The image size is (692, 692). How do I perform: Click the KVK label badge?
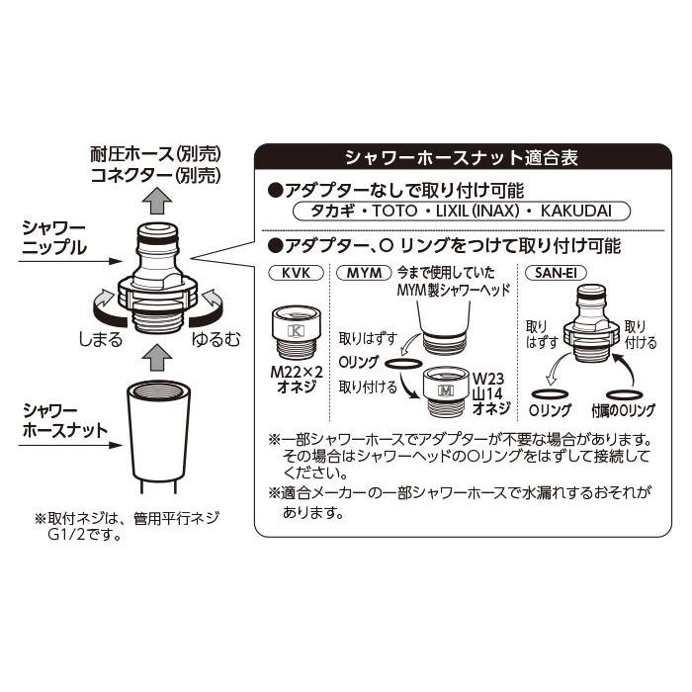296,273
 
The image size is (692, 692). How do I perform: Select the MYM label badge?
364,273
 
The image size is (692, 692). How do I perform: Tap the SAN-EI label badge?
556,273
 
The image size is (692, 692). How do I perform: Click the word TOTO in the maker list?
395,211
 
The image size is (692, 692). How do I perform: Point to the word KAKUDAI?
576,211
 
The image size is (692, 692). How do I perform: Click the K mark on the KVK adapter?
296,330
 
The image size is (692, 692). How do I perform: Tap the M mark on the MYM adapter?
446,391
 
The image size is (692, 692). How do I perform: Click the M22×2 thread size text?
297,372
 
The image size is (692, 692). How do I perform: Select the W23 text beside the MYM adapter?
488,379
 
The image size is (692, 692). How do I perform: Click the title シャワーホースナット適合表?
462,157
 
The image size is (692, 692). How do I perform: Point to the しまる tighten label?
100,339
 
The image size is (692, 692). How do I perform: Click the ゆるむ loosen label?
216,339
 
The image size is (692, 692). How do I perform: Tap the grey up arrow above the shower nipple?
157,201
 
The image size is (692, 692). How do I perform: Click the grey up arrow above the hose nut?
157,358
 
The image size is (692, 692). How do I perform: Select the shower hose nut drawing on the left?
158,436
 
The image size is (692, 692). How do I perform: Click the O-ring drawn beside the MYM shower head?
403,364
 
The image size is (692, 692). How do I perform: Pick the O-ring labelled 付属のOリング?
624,394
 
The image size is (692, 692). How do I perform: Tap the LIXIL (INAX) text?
477,211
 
